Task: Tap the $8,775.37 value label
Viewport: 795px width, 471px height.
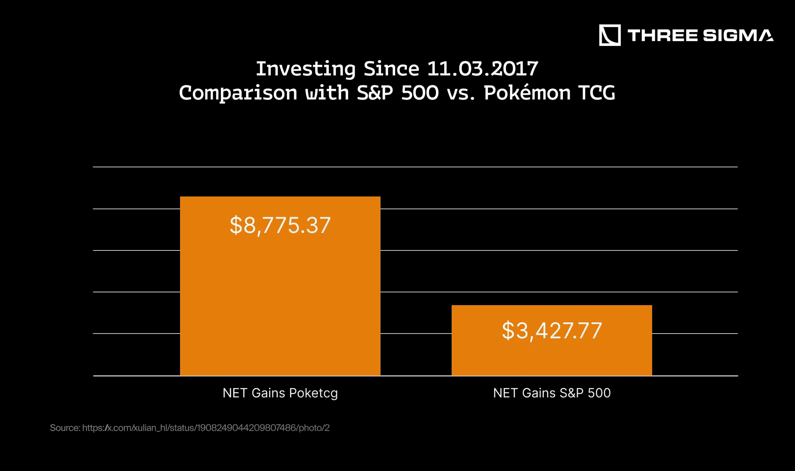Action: pyautogui.click(x=280, y=225)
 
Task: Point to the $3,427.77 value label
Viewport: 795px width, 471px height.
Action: pyautogui.click(x=552, y=331)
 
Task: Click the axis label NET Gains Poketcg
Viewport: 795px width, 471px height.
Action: pyautogui.click(x=280, y=393)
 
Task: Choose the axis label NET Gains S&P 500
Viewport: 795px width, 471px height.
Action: pyautogui.click(x=552, y=393)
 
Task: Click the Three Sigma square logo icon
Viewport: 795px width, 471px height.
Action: pyautogui.click(x=609, y=35)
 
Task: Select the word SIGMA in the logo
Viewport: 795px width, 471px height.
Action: pyautogui.click(x=738, y=35)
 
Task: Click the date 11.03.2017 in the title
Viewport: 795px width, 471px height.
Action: pyautogui.click(x=482, y=69)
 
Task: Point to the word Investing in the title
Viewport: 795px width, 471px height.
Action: pyautogui.click(x=306, y=69)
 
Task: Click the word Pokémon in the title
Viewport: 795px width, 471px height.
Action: pyautogui.click(x=527, y=93)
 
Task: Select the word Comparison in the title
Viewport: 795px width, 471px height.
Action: pyautogui.click(x=238, y=93)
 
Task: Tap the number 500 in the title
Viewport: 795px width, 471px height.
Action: pyautogui.click(x=420, y=93)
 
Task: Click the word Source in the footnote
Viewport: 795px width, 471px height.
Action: pyautogui.click(x=64, y=428)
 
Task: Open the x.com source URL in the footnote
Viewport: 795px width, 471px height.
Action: pyautogui.click(x=206, y=428)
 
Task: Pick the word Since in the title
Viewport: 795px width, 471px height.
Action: pyautogui.click(x=391, y=69)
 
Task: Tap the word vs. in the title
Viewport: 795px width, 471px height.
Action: pyautogui.click(x=461, y=93)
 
